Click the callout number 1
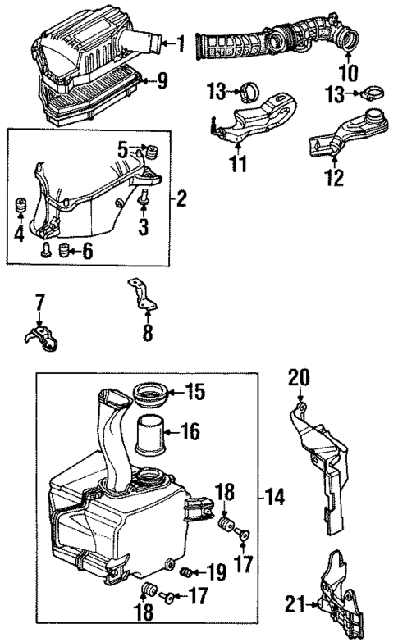pos(181,42)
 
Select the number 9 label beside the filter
pos(162,80)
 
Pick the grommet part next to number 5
pos(150,153)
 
